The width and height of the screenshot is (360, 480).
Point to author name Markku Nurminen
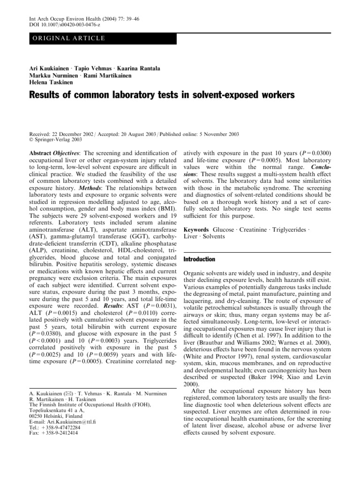point(53,76)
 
